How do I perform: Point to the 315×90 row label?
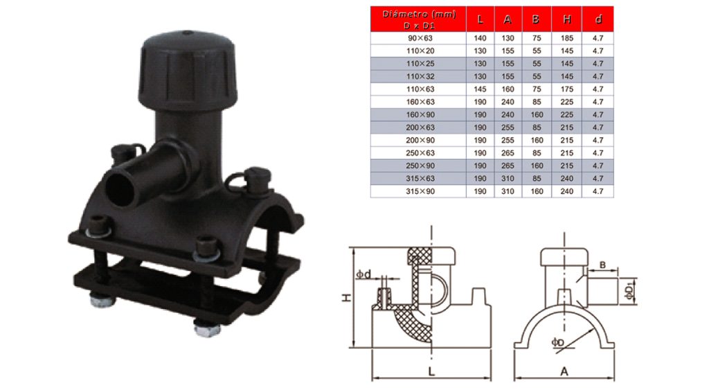click(x=418, y=190)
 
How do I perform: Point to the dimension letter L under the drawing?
click(x=431, y=372)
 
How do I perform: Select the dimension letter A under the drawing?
click(x=564, y=372)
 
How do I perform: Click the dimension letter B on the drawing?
click(x=602, y=265)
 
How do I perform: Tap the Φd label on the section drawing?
click(x=365, y=275)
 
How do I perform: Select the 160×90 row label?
click(x=418, y=114)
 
